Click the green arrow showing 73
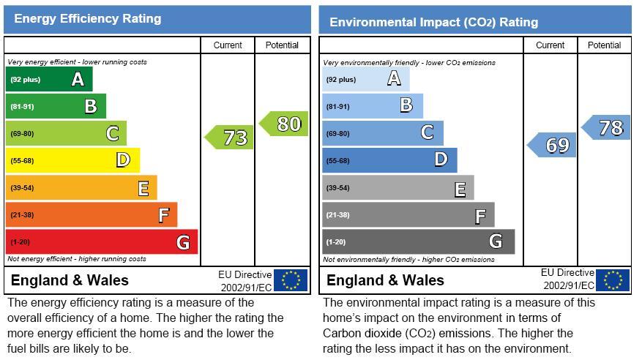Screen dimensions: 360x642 (231, 138)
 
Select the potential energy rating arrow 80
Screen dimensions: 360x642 (285, 124)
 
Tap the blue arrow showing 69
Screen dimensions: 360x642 (553, 145)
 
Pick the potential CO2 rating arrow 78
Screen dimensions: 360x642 (607, 127)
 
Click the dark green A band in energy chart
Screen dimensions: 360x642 (49, 80)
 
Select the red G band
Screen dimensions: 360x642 (101, 241)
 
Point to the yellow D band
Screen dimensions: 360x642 (72, 160)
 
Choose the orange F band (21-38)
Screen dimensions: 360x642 (91, 214)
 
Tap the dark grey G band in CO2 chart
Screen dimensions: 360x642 (417, 241)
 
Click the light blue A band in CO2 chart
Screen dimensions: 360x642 (365, 80)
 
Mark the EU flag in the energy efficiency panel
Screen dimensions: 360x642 (291, 280)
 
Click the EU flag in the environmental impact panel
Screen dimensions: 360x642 (613, 280)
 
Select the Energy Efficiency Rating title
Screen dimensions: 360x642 (88, 19)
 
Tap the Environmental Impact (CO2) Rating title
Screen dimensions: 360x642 (433, 22)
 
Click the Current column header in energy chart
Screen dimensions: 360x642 (228, 45)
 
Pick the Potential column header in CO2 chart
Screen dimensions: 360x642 (604, 45)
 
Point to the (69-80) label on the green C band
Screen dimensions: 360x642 (21, 134)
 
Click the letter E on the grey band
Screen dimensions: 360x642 (460, 190)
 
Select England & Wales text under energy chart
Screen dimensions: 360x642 (70, 280)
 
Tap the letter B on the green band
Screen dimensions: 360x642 (90, 107)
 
